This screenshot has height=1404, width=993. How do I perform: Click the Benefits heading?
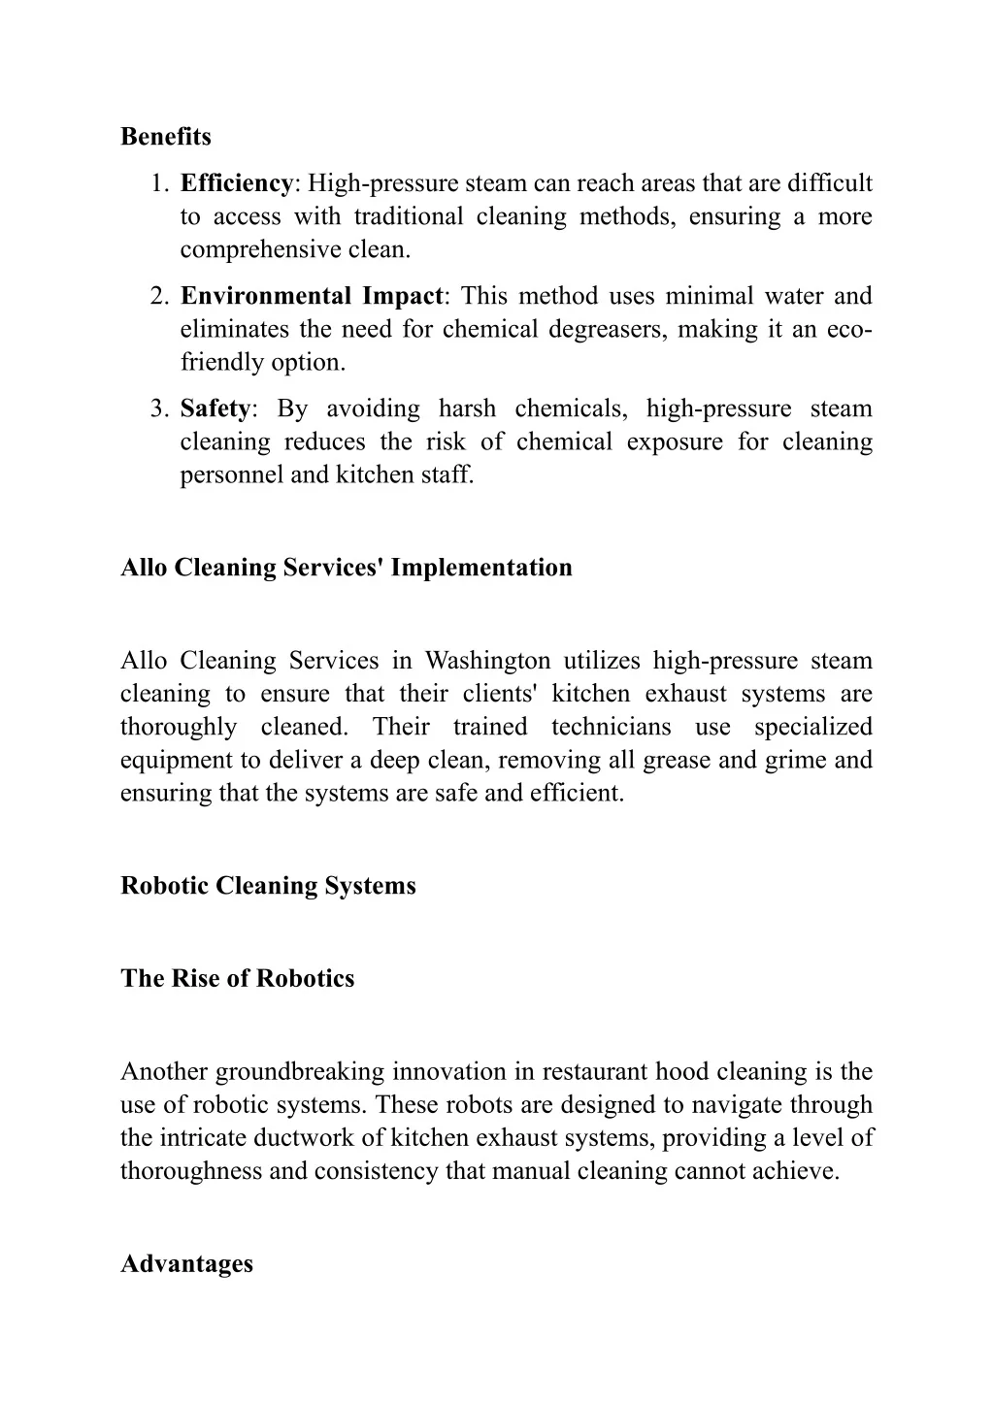[x=165, y=137]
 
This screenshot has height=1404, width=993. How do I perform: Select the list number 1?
[x=160, y=183]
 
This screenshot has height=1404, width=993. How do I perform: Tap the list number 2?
[x=160, y=296]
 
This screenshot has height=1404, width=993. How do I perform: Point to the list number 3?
[x=160, y=408]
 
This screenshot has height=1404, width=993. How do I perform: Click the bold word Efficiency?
[x=236, y=183]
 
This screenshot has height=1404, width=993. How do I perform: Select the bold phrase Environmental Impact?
[x=312, y=296]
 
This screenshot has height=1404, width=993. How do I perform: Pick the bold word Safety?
[x=215, y=408]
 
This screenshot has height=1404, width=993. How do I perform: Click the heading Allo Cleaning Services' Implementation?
[x=347, y=568]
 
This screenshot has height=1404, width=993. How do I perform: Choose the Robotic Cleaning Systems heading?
[x=268, y=886]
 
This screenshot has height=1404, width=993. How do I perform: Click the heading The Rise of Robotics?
[x=237, y=978]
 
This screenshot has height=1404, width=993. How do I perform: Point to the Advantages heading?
[x=186, y=1264]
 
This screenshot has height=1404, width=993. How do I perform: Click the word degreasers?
[x=603, y=329]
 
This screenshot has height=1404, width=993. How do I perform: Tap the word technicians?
[x=611, y=727]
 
